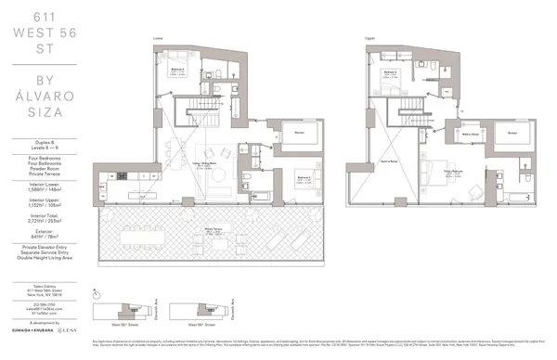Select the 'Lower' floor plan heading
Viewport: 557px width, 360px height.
pos(159,38)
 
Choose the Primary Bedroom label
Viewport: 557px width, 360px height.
pos(452,171)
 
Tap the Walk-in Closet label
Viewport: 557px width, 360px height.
pos(470,134)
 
